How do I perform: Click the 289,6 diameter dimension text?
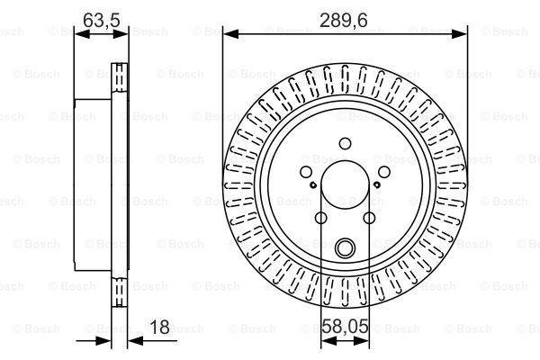click(x=346, y=16)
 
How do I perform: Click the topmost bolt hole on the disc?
click(x=346, y=141)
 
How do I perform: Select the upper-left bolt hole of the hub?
click(x=306, y=173)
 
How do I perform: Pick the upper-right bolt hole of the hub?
click(x=384, y=173)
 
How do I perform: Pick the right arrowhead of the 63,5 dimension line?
click(x=122, y=34)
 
